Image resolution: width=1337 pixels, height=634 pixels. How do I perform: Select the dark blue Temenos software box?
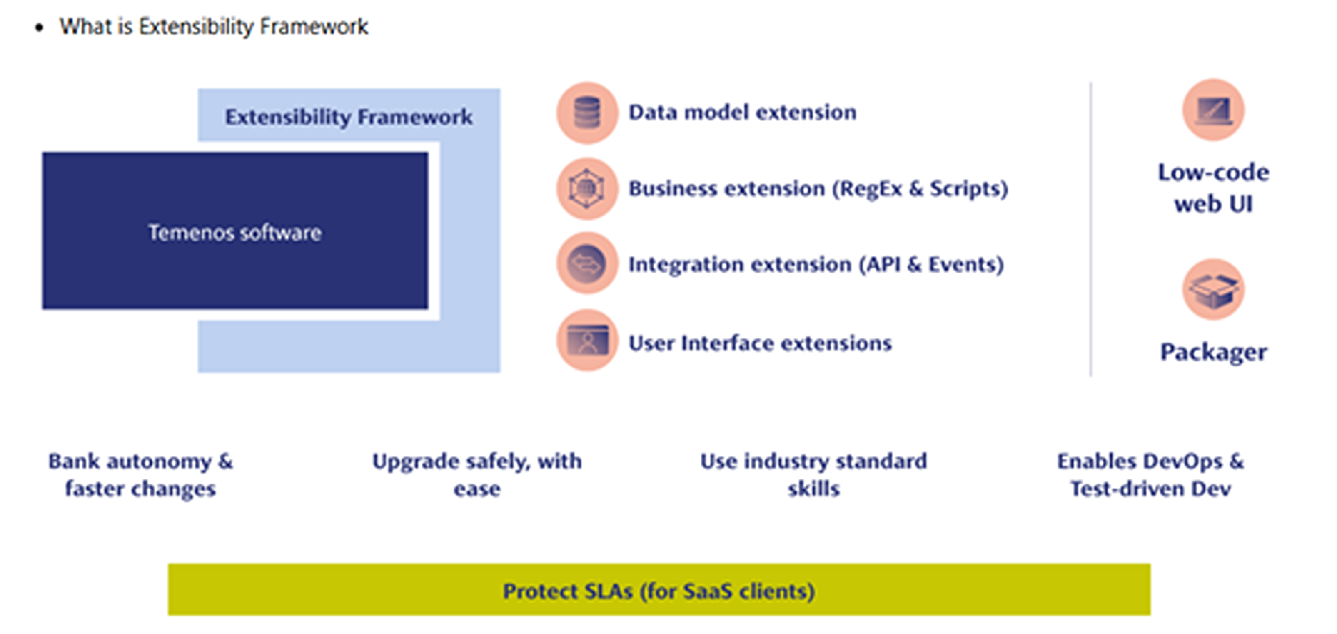coord(235,231)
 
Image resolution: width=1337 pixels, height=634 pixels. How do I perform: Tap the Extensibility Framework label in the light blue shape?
coord(348,117)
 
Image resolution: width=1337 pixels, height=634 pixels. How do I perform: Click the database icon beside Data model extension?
coord(587,112)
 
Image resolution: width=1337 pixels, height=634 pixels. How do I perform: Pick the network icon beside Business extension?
coord(587,188)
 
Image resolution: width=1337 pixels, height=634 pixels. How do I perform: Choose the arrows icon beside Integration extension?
coord(587,264)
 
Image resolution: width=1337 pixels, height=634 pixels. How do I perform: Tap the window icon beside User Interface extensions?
coord(587,341)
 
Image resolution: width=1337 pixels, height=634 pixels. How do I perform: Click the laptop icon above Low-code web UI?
coord(1213,110)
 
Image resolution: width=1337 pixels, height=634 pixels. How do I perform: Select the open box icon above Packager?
coord(1213,289)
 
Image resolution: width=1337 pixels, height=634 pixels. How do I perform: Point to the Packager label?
coord(1213,352)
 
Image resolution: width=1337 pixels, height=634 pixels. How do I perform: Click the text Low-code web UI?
coord(1213,188)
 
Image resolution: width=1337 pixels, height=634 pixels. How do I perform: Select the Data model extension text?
coord(742,112)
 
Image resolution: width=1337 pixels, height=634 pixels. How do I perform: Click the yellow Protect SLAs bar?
coord(659,590)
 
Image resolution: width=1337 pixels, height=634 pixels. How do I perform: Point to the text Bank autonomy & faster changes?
coord(141,475)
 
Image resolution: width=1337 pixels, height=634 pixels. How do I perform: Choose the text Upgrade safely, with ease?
coord(477,475)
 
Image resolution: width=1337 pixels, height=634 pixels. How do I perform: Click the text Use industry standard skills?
coord(813,475)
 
